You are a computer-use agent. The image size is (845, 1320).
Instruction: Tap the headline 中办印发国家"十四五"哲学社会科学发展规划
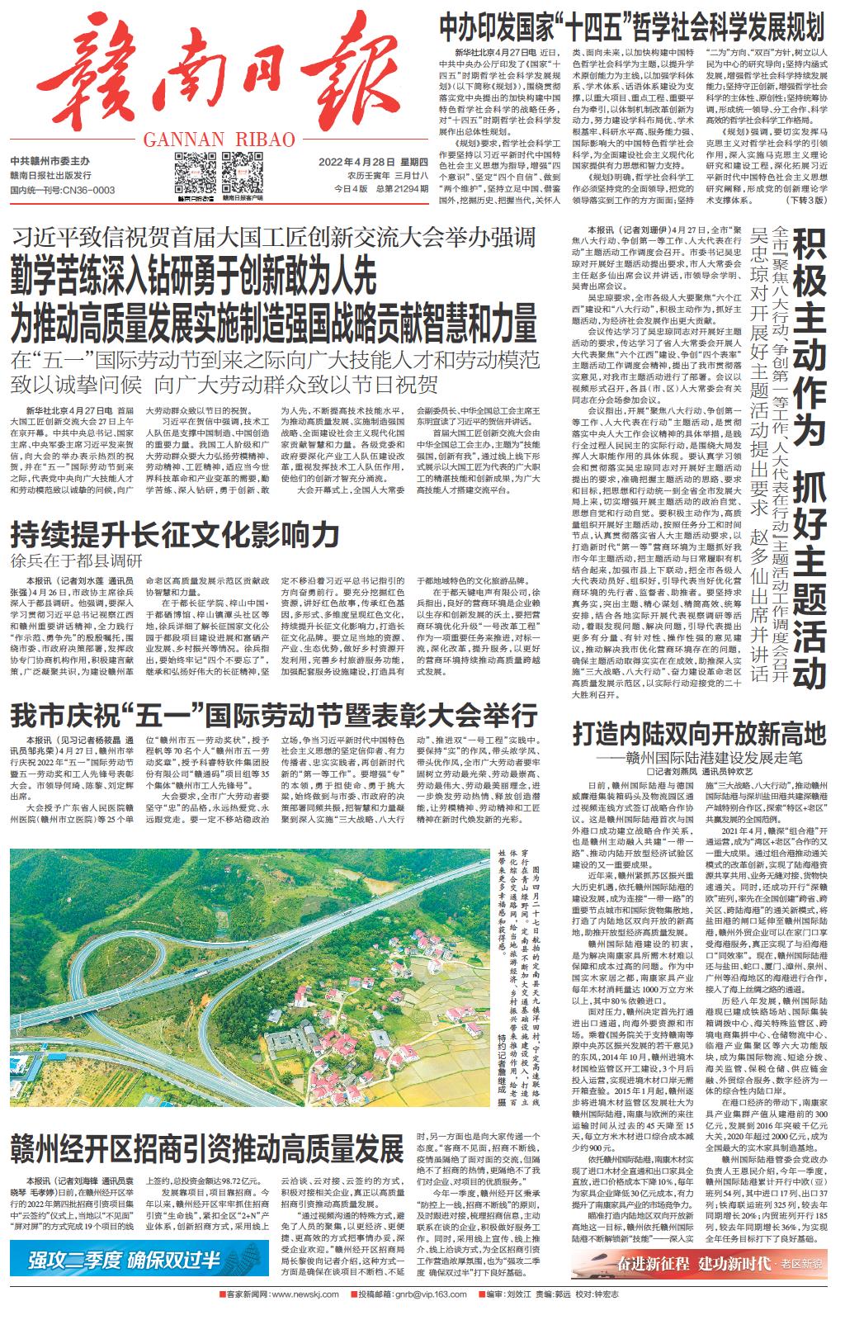tap(630, 27)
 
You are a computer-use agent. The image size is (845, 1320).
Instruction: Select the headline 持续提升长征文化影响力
tap(175, 535)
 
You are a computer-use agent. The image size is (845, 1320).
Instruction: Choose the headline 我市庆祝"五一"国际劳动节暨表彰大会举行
tap(273, 713)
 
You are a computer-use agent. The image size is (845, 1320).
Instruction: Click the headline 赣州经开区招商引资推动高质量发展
tap(206, 1149)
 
